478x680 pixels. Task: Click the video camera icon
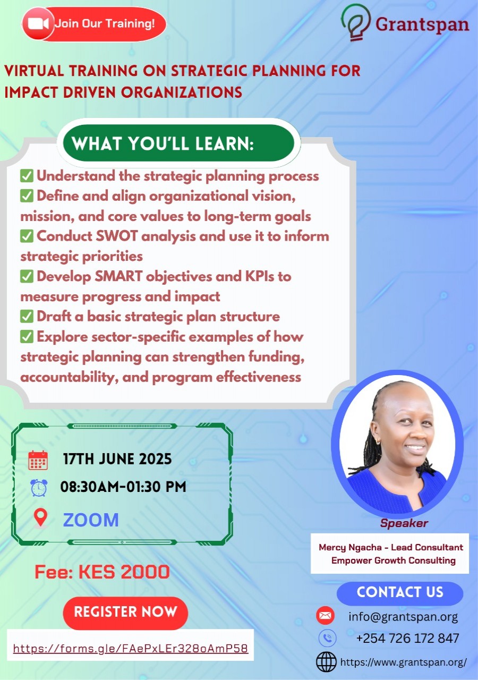[38, 24]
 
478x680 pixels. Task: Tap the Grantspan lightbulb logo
[356, 22]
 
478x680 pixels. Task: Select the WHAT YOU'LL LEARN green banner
[178, 143]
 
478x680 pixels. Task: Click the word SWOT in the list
[116, 236]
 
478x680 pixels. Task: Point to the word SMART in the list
[118, 276]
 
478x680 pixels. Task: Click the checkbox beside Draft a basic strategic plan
[27, 316]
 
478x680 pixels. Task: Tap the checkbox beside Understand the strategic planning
[27, 176]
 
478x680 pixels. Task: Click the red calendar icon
[38, 460]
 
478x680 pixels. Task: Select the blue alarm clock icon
[39, 488]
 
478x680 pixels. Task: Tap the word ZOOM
[91, 520]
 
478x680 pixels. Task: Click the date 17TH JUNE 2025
[117, 458]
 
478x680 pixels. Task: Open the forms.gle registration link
[131, 649]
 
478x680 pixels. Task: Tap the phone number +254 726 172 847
[407, 638]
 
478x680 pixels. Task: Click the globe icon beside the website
[326, 662]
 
